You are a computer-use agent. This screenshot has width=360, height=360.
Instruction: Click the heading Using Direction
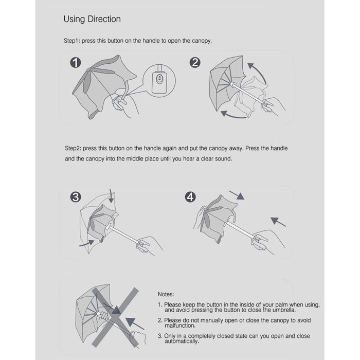(x=92, y=20)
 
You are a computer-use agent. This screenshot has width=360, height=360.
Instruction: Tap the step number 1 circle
(x=76, y=62)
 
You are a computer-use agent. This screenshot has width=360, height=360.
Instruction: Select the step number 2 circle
(x=195, y=62)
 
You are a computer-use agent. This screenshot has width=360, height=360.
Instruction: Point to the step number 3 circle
(x=76, y=197)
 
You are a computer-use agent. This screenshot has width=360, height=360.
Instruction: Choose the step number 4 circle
(x=190, y=197)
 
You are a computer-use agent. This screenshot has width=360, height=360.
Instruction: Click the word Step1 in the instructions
(x=71, y=41)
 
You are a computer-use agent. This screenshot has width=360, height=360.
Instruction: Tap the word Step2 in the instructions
(x=73, y=148)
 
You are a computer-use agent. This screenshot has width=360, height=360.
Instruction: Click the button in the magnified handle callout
(x=159, y=79)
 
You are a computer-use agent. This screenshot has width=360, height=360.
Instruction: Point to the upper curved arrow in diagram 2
(x=260, y=71)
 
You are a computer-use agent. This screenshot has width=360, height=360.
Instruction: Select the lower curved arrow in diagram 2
(x=233, y=115)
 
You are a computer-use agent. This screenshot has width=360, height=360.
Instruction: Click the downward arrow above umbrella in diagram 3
(x=112, y=196)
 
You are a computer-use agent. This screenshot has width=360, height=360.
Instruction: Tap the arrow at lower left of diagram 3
(x=87, y=243)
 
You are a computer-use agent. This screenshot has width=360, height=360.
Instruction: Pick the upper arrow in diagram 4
(x=237, y=195)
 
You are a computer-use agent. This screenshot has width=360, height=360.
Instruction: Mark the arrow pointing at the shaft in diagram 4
(x=278, y=222)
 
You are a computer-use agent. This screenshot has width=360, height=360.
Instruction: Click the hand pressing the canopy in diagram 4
(x=200, y=217)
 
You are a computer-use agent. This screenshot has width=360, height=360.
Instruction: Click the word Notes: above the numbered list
(x=166, y=294)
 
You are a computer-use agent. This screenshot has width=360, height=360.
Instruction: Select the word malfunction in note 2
(x=180, y=326)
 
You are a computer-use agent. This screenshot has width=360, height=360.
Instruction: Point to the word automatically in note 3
(x=182, y=341)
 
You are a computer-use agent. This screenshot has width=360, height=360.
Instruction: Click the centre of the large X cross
(x=115, y=317)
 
